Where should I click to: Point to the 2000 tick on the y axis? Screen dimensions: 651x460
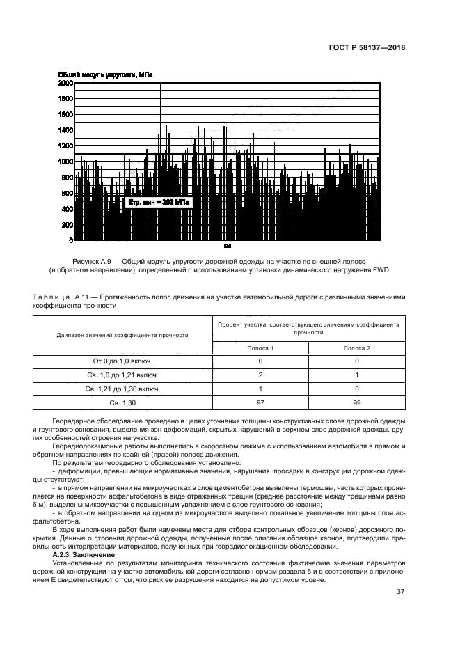coord(65,83)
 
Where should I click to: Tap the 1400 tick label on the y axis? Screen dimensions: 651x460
coord(65,130)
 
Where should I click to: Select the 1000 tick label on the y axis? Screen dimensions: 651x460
coord(65,162)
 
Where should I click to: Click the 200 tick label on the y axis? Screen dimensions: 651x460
coord(68,225)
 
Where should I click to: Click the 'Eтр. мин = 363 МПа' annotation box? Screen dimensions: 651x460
coord(158,202)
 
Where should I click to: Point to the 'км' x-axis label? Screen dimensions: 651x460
coord(227,246)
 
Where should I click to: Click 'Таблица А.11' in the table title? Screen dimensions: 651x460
coord(58,296)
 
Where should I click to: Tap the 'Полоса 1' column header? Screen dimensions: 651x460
coord(261,347)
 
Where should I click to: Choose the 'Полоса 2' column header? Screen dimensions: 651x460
coord(356,347)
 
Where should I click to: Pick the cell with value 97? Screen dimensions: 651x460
coord(261,403)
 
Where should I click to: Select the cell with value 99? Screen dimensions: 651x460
coord(356,403)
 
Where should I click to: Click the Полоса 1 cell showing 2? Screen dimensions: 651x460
coord(261,375)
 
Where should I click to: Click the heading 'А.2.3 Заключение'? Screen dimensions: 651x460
coord(85,554)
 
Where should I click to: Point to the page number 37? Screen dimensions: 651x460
coord(400,592)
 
